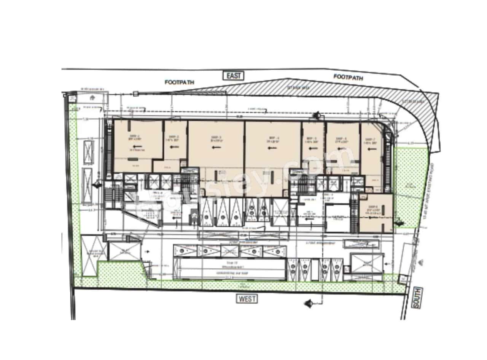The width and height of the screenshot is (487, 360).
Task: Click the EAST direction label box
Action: coord(234,75)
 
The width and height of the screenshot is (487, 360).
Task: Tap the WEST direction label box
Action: coord(247,298)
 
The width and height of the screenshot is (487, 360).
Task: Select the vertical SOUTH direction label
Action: coord(417,297)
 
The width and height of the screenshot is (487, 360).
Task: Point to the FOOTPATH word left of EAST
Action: coord(179,82)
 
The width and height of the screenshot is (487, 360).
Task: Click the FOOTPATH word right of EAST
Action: coord(348,77)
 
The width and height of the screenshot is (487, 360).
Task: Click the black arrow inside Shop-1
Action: coord(135,146)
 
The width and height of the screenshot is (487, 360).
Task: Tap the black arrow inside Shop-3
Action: coord(217,147)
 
